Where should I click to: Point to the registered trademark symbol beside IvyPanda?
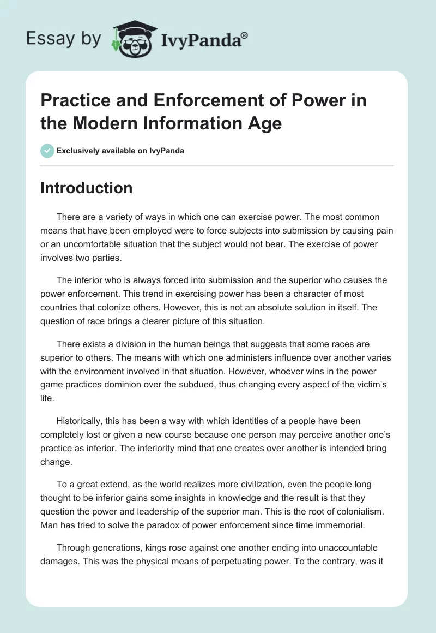coord(245,35)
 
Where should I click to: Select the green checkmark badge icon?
coord(47,151)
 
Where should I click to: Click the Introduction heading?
coord(86,188)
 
